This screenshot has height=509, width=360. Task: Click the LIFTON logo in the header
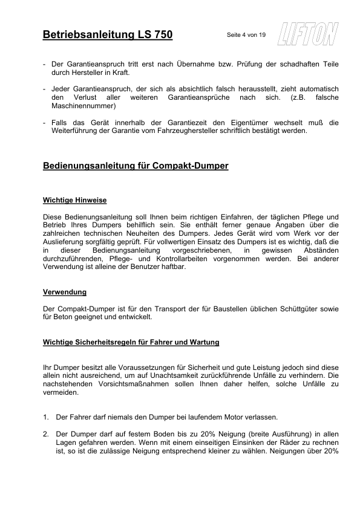pos(307,34)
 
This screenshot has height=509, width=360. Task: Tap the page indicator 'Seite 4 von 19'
pos(246,35)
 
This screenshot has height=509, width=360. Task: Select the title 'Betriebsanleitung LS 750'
pos(108,35)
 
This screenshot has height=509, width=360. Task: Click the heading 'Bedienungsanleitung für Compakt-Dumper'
pos(136,165)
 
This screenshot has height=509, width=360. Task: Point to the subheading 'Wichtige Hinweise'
pos(75,199)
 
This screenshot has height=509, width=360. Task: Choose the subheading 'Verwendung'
pos(65,292)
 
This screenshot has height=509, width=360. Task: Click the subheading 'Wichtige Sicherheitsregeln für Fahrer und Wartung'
pos(131,342)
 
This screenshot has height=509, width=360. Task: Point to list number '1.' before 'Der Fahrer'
pos(46,417)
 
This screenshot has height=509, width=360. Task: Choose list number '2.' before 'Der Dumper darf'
pos(46,434)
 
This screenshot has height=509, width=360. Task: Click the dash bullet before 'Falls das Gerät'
pos(45,123)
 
